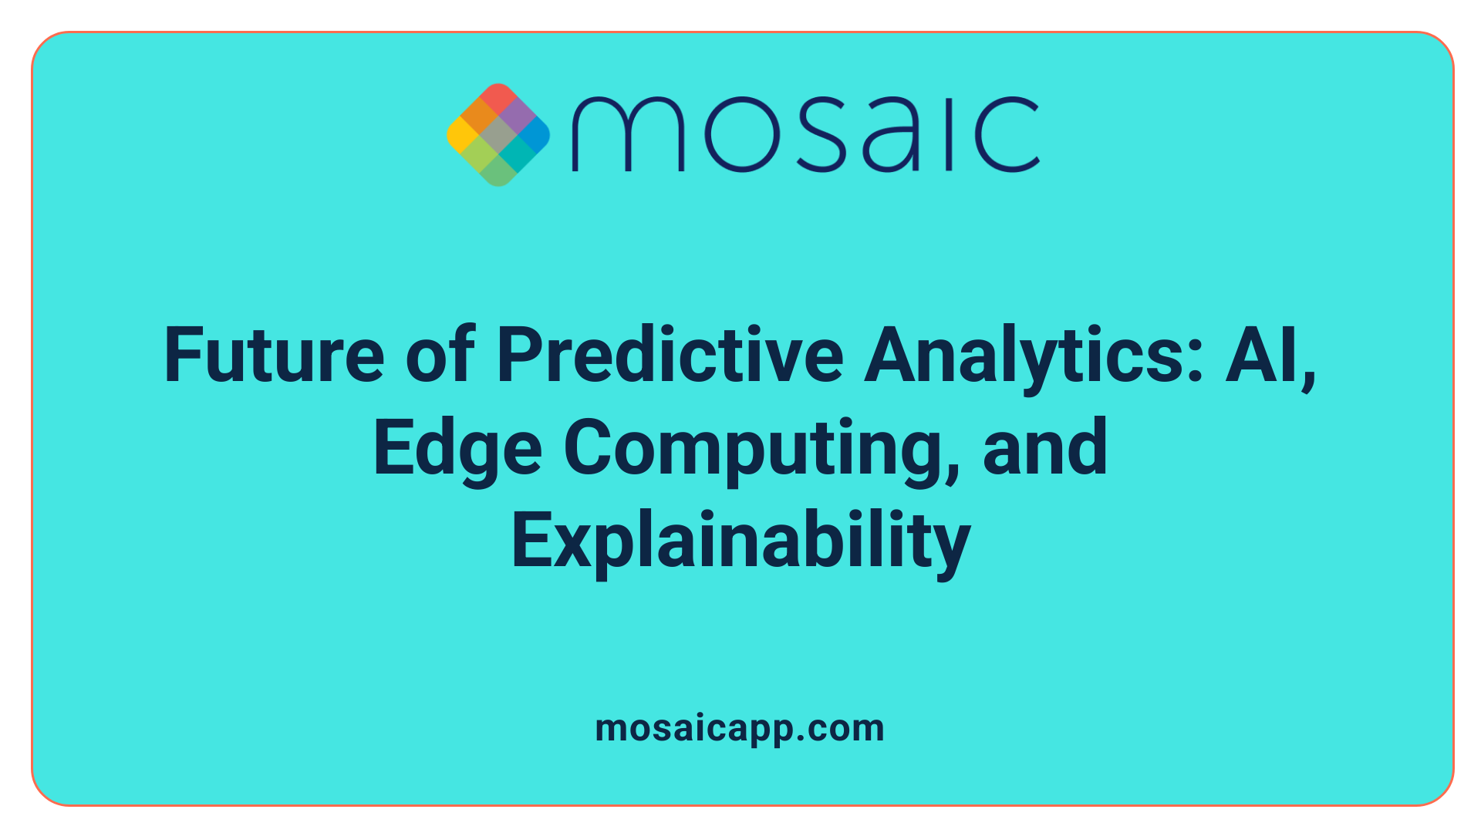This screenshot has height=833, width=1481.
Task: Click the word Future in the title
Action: click(x=274, y=356)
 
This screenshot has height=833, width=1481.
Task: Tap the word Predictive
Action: click(x=670, y=356)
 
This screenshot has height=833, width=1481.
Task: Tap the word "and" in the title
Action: click(x=1045, y=449)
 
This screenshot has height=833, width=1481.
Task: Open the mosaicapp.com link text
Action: click(x=740, y=728)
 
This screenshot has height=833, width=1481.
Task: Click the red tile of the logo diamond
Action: click(x=498, y=99)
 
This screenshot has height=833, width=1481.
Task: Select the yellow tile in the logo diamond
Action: click(x=462, y=135)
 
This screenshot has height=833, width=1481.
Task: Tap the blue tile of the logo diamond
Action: click(x=534, y=135)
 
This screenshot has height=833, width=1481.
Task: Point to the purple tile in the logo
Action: click(x=516, y=116)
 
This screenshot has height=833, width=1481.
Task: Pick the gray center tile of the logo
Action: click(x=498, y=135)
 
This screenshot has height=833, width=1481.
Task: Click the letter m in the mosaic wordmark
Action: click(x=627, y=135)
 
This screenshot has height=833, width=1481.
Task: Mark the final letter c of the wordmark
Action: click(x=1005, y=135)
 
